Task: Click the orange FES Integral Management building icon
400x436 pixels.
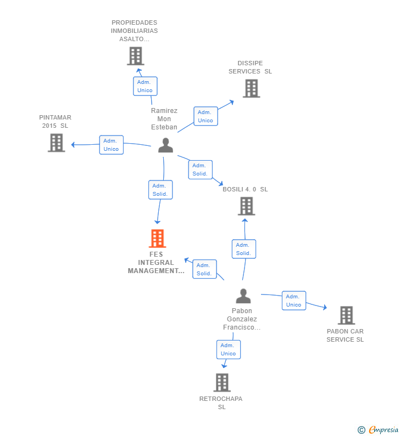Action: (157, 239)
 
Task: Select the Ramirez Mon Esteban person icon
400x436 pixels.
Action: (165, 145)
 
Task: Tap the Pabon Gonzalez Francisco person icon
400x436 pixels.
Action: (243, 296)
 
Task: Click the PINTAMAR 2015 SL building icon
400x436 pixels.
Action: (56, 143)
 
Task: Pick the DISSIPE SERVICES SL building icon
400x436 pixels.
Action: (251, 88)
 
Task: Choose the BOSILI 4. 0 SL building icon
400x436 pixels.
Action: (246, 206)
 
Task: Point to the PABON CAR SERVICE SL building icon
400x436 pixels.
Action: (346, 315)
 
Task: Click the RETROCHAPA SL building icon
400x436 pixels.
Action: (222, 383)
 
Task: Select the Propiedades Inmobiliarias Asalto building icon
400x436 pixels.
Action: (136, 56)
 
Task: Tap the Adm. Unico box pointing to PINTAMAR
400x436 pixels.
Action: (112, 145)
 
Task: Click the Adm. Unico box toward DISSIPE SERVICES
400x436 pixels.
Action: (206, 116)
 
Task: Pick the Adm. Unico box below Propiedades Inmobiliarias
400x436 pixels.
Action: (145, 86)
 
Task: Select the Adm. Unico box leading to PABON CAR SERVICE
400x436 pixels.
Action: (294, 301)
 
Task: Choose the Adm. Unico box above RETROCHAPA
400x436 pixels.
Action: (229, 349)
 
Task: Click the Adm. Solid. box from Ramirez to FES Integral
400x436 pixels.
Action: (160, 190)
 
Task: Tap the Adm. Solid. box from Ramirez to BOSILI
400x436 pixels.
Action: (201, 169)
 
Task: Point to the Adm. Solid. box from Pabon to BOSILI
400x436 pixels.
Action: (244, 249)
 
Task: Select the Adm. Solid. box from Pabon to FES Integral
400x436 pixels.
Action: (204, 269)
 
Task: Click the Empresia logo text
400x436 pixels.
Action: (384, 430)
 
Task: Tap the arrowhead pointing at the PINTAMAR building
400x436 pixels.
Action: (73, 145)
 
